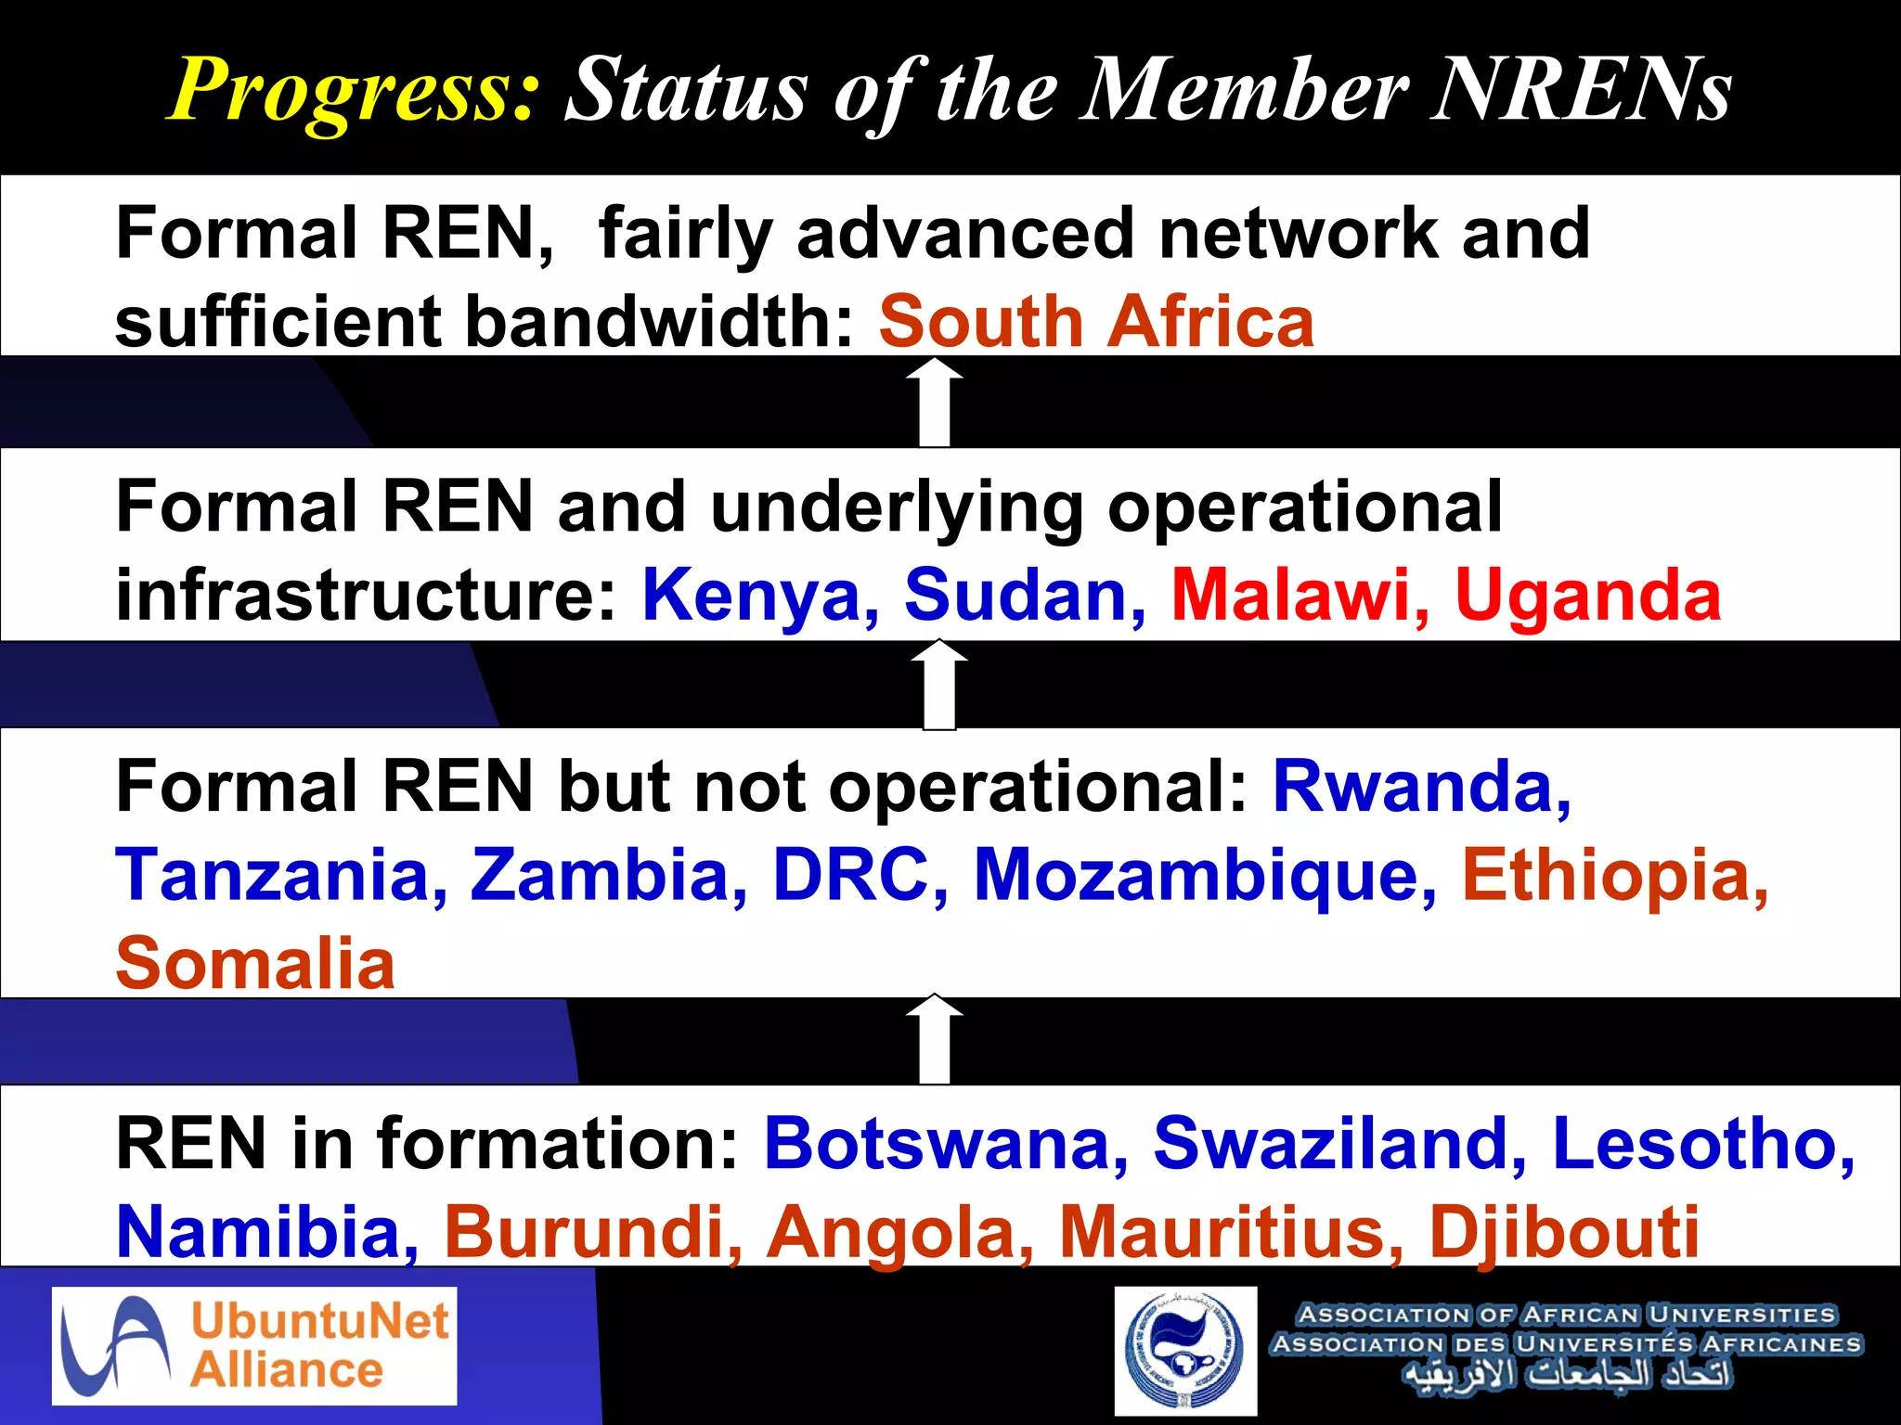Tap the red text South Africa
click(1096, 322)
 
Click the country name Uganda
click(1587, 595)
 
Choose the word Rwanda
click(1420, 787)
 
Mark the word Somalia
click(256, 963)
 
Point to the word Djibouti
click(1564, 1232)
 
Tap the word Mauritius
click(1231, 1232)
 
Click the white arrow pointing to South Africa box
click(935, 402)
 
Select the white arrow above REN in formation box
click(935, 1039)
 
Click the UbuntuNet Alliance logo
click(254, 1345)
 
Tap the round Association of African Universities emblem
click(1185, 1350)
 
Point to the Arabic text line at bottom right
click(1567, 1374)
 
